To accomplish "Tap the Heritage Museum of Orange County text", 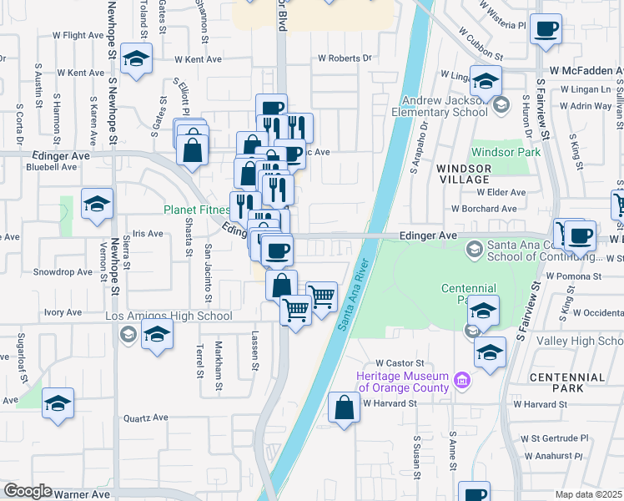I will pos(403,381).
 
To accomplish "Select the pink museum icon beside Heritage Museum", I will pos(462,382).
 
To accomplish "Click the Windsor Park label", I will pos(506,152).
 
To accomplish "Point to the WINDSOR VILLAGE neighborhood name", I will pos(463,174).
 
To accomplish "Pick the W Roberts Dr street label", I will pos(344,58).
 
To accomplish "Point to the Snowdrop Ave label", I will pos(63,272).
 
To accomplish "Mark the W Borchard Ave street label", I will pos(489,209).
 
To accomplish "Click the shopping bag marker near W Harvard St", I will pos(345,407).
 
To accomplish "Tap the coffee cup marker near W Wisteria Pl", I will pos(546,30).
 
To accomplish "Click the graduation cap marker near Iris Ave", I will pos(97,204).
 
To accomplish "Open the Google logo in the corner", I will pos(28,492).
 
